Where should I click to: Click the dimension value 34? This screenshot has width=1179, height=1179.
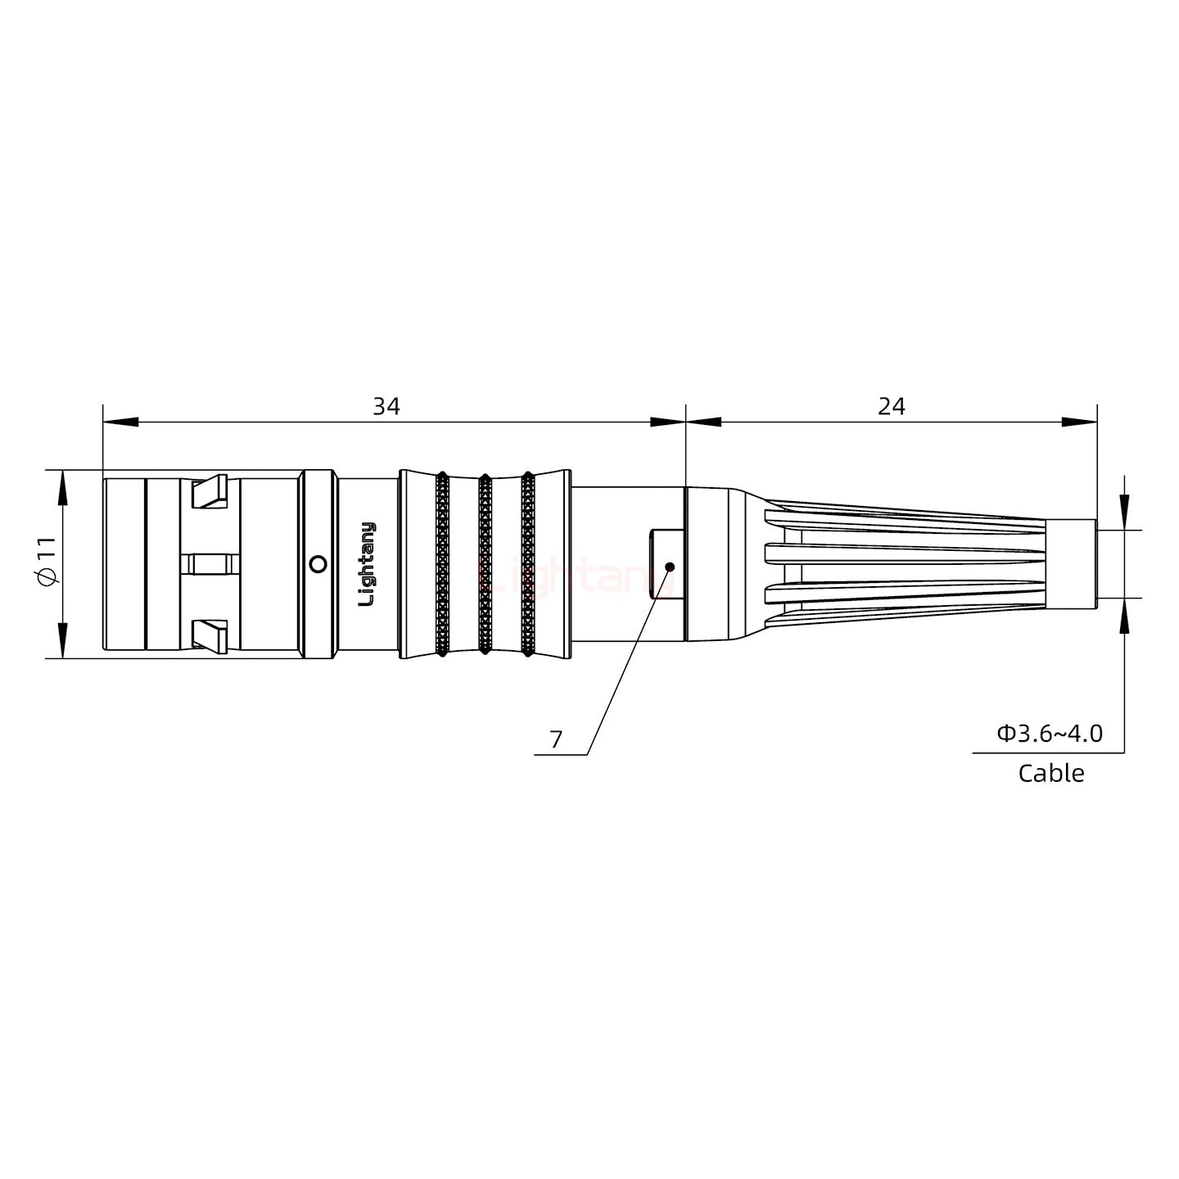(x=386, y=406)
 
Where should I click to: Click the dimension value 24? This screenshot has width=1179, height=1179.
(x=891, y=406)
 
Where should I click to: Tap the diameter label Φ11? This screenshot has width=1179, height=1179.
(x=47, y=564)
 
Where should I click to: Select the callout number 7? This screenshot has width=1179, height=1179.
(x=556, y=739)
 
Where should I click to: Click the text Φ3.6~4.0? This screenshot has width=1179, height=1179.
(x=1049, y=733)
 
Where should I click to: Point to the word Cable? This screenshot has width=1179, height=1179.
(x=1050, y=773)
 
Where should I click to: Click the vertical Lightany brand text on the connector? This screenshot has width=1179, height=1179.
(x=368, y=564)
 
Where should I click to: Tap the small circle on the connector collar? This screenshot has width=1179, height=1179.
(x=318, y=564)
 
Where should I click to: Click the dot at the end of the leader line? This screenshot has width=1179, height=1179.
(x=670, y=567)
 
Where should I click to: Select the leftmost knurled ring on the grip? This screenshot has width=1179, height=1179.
(x=442, y=564)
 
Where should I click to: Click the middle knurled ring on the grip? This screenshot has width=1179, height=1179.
(x=485, y=564)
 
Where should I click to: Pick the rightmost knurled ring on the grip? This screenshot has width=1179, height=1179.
(x=527, y=564)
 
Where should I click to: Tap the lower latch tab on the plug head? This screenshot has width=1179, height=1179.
(x=209, y=636)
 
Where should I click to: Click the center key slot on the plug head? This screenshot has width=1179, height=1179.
(x=210, y=564)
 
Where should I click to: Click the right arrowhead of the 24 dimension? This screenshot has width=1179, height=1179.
(x=1079, y=422)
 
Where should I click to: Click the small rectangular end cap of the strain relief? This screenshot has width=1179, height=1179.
(x=1072, y=564)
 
